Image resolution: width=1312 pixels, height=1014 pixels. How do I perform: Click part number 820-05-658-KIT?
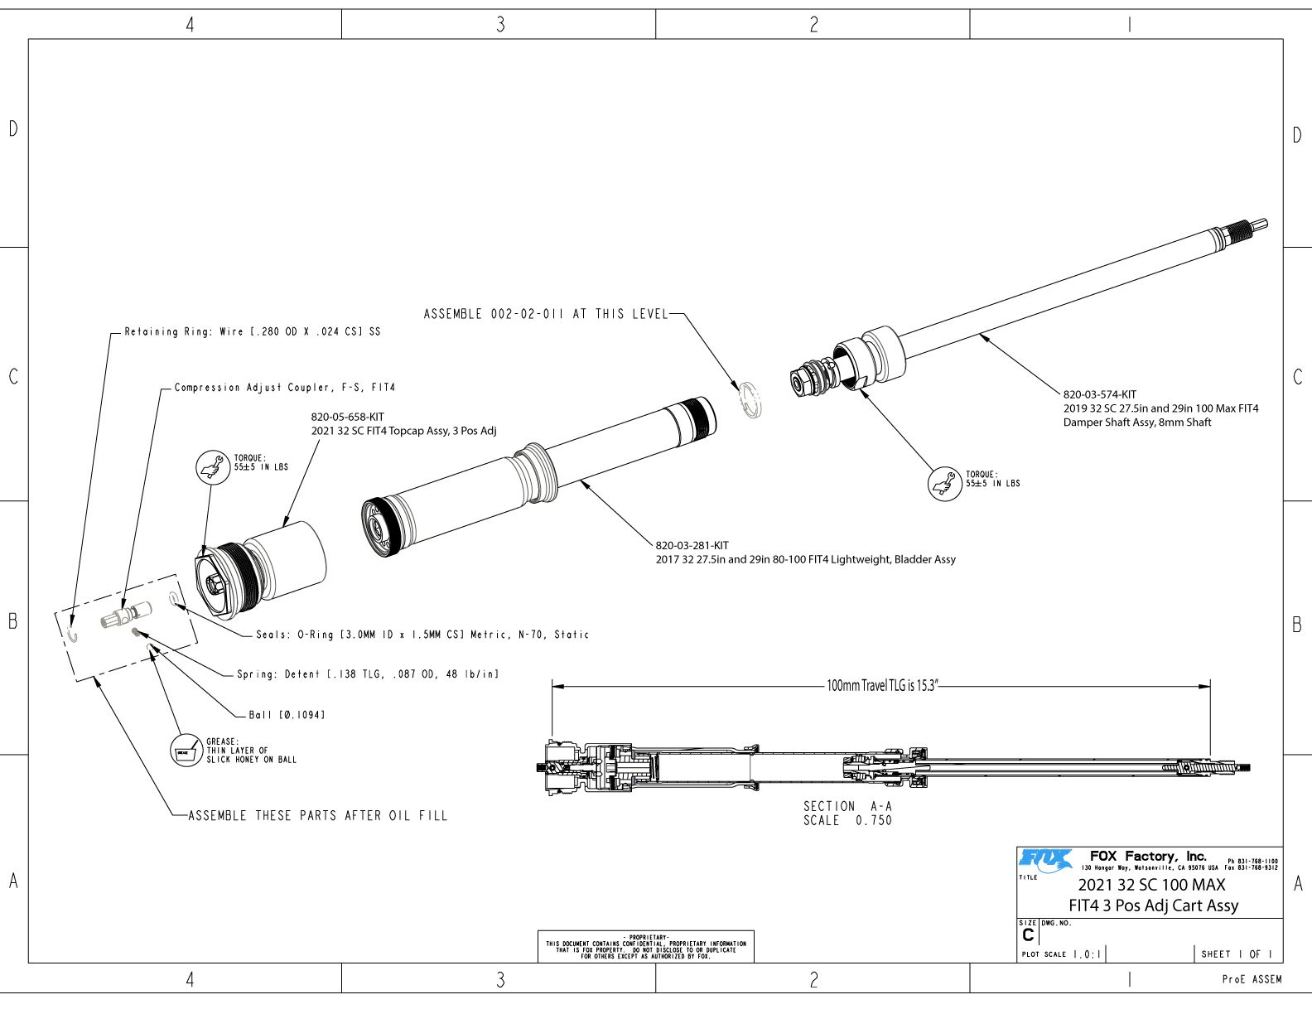click(x=347, y=417)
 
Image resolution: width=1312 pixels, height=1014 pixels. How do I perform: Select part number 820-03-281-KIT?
click(x=692, y=545)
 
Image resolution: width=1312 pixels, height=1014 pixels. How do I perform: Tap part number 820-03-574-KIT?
click(x=1099, y=394)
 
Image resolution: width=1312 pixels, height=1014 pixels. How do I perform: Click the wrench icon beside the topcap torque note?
click(x=212, y=466)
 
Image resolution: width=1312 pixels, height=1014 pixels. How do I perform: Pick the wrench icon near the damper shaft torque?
click(x=944, y=483)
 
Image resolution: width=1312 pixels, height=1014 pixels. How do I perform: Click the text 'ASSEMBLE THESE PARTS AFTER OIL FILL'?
click(x=318, y=816)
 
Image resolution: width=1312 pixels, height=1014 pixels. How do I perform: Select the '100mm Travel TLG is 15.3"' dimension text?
click(x=882, y=686)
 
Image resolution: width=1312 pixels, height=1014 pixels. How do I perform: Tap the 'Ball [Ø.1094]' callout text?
click(x=287, y=714)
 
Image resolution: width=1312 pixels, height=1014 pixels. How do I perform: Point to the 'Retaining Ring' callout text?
click(x=253, y=331)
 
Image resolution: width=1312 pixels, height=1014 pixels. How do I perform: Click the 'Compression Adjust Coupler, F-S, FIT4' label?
click(x=285, y=387)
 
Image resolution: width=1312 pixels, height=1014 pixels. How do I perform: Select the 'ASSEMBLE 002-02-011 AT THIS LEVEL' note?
click(x=545, y=314)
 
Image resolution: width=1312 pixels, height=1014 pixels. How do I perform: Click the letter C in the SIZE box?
click(x=1028, y=934)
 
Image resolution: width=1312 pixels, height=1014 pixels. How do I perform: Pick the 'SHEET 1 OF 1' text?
click(x=1236, y=954)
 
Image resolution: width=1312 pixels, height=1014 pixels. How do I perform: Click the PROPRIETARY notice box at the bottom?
click(x=645, y=946)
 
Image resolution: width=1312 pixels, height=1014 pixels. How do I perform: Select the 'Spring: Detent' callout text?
click(x=368, y=674)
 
